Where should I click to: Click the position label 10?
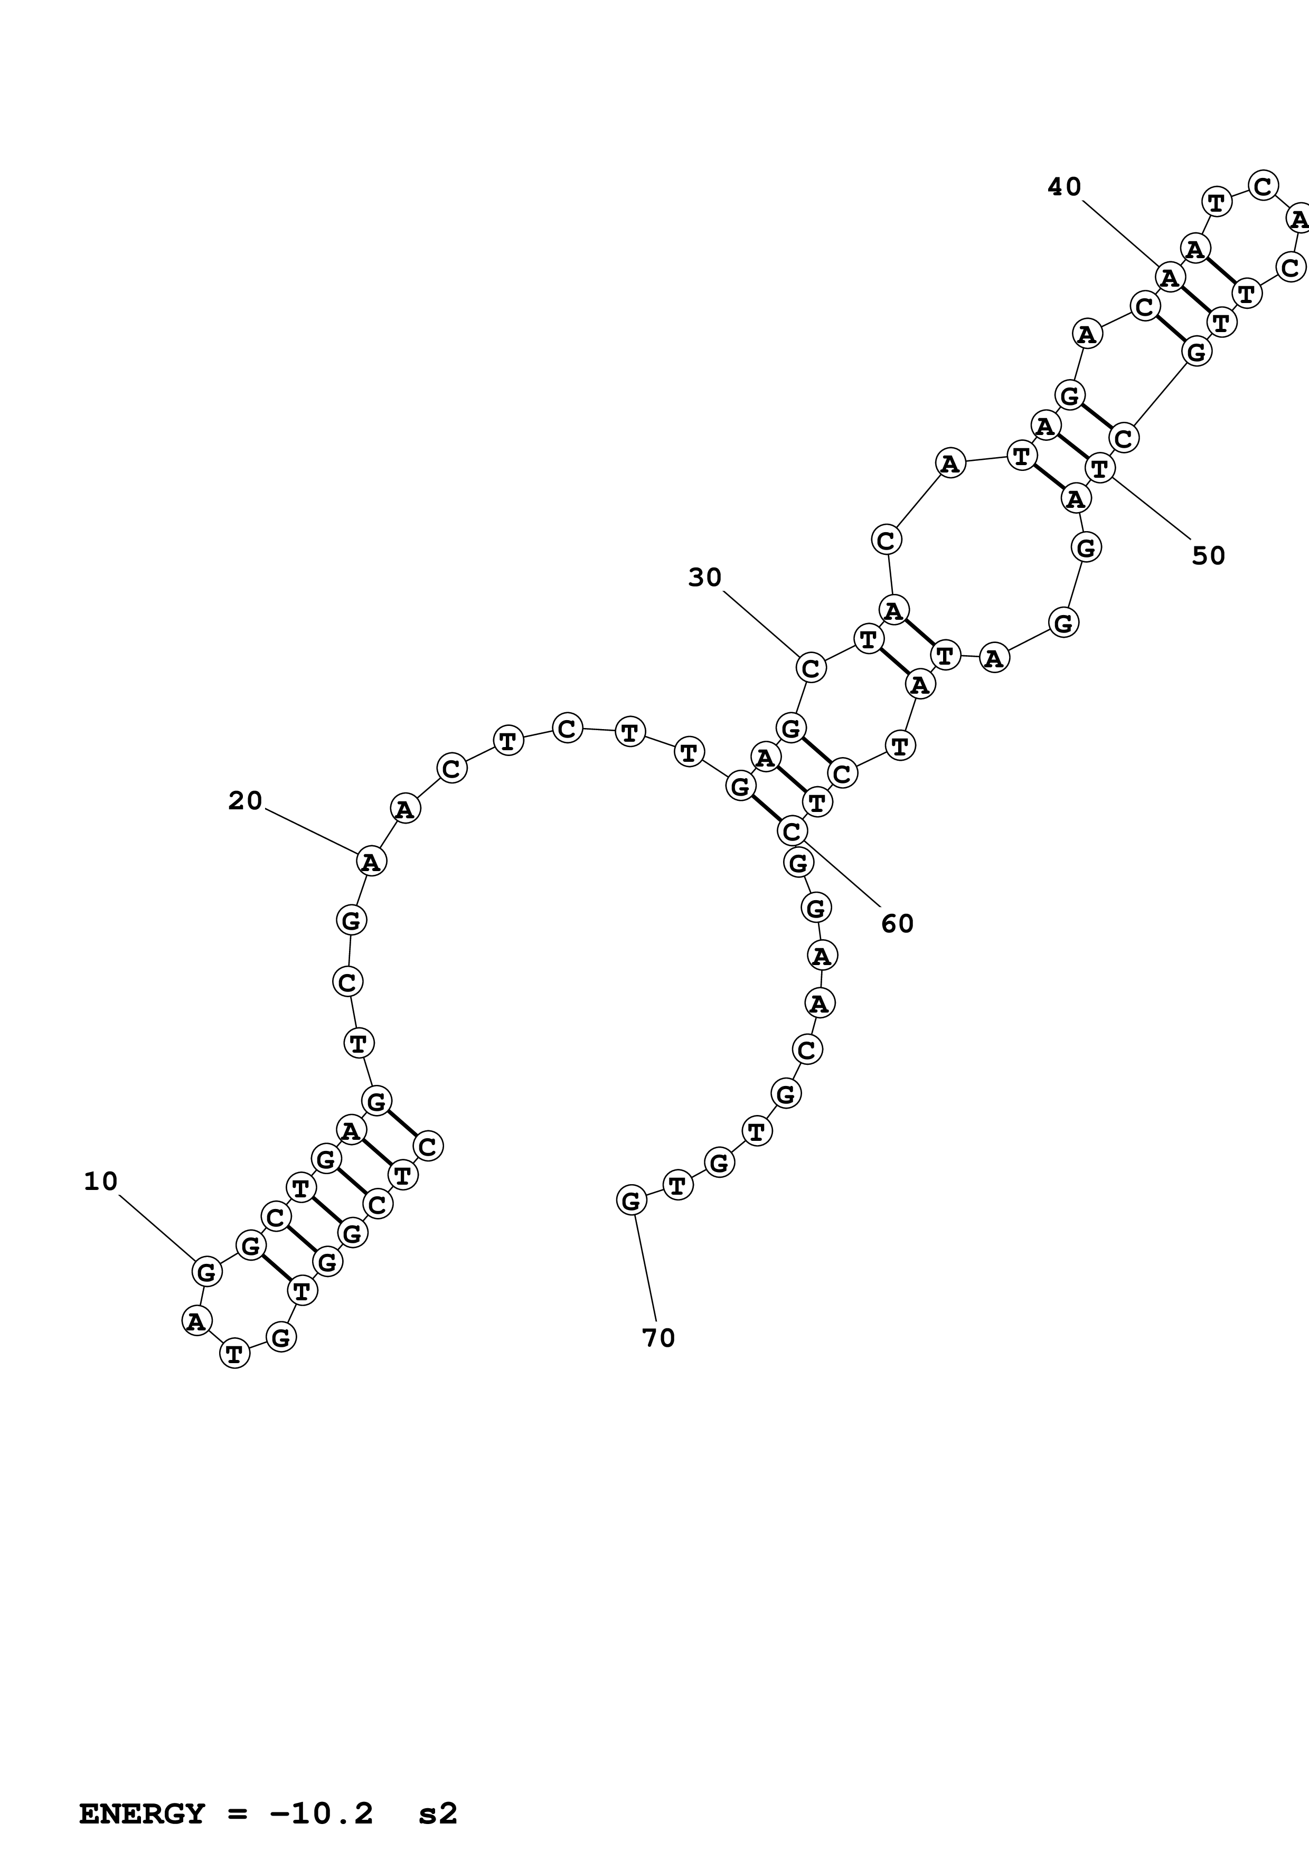(101, 1182)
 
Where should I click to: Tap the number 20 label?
(245, 801)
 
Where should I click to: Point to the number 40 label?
(1064, 187)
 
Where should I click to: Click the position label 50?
(1208, 556)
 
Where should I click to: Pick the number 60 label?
(897, 923)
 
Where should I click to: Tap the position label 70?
(658, 1338)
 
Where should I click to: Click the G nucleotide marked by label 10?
(206, 1272)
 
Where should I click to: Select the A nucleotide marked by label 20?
(371, 862)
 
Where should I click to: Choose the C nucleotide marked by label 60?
(792, 831)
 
